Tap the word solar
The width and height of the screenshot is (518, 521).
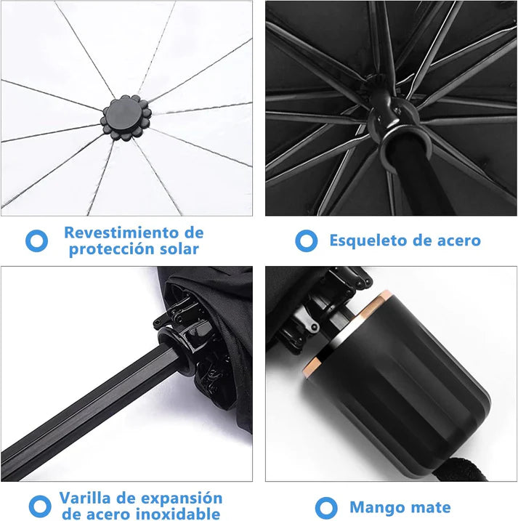(x=174, y=249)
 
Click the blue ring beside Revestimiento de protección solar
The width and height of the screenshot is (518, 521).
(x=36, y=241)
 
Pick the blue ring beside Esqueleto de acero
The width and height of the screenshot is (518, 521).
(x=306, y=241)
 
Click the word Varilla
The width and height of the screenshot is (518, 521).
(x=89, y=498)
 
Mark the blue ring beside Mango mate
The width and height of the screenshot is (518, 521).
(x=326, y=507)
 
